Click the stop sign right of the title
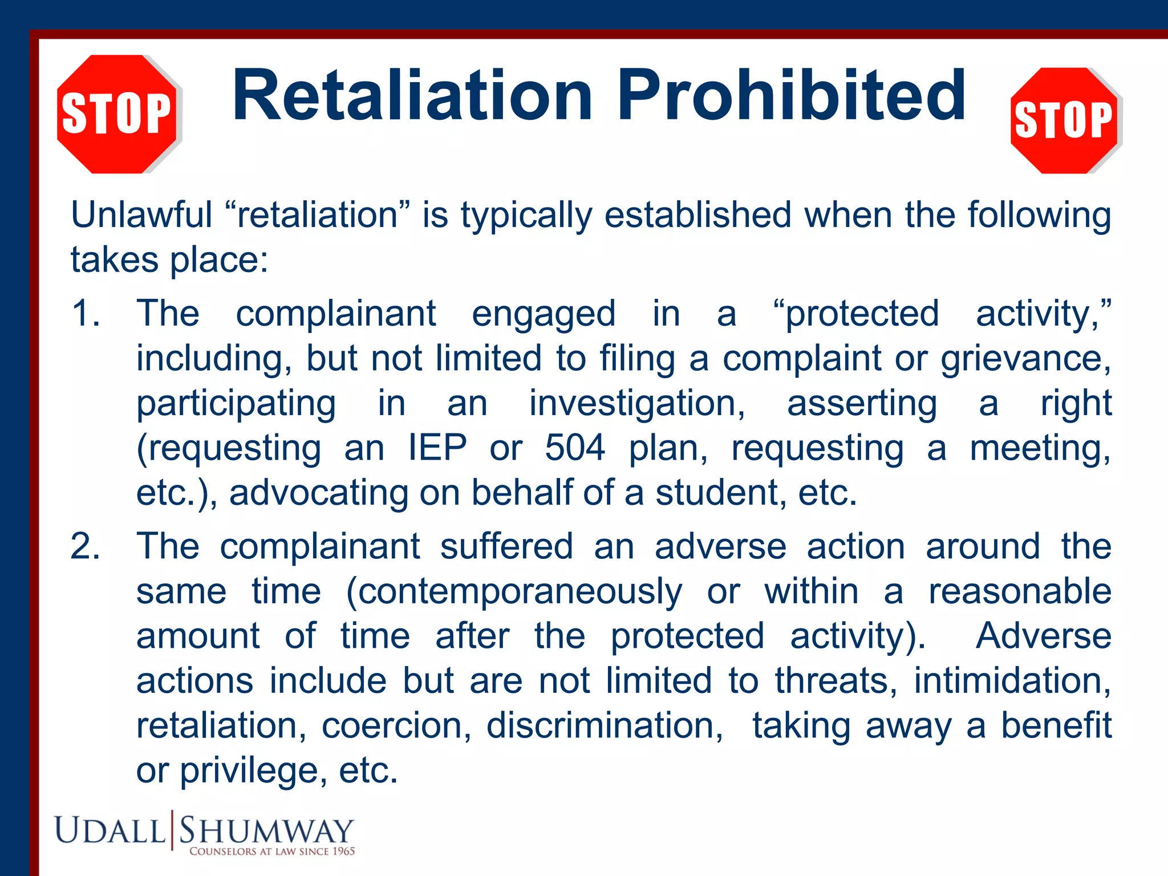pyautogui.click(x=1064, y=120)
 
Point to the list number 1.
pyautogui.click(x=85, y=314)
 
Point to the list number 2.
pyautogui.click(x=85, y=546)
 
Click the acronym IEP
pyautogui.click(x=437, y=448)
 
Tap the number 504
pyautogui.click(x=575, y=448)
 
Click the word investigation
pyautogui.click(x=637, y=404)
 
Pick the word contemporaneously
pyautogui.click(x=514, y=591)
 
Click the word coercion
pyautogui.click(x=396, y=726)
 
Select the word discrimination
pyautogui.click(x=605, y=726)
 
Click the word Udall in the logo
pyautogui.click(x=109, y=830)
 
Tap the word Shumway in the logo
pyautogui.click(x=266, y=830)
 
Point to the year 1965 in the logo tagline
pyautogui.click(x=343, y=851)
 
